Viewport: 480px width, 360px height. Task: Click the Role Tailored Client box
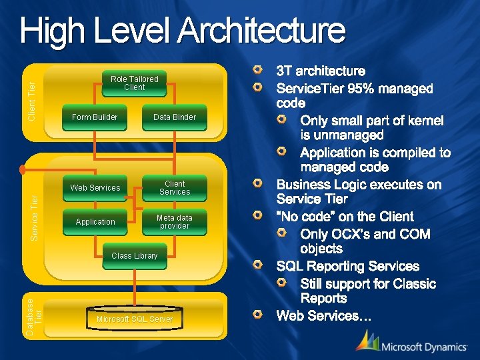[x=134, y=83]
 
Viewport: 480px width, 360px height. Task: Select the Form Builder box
[x=94, y=117]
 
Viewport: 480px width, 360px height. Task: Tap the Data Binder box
[x=175, y=117]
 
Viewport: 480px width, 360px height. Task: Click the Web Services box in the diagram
[x=95, y=188]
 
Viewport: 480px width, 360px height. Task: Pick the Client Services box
[x=175, y=188]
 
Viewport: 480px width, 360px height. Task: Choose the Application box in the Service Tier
[x=95, y=222]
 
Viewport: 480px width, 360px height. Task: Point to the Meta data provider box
[x=175, y=222]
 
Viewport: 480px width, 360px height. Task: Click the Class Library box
[x=135, y=256]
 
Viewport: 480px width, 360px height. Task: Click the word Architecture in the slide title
[x=262, y=31]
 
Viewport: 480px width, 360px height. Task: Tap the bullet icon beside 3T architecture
[x=258, y=70]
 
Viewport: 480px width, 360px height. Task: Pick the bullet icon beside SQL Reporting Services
[x=258, y=265]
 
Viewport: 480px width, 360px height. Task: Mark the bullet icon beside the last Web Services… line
[x=258, y=315]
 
